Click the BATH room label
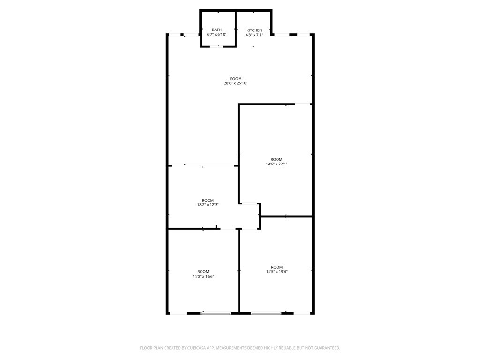217,30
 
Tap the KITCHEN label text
254,30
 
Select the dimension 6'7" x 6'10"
217,35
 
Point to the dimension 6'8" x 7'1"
254,35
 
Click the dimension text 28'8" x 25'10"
235,83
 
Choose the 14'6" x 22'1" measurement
277,164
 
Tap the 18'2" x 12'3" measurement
208,205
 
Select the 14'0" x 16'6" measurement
203,277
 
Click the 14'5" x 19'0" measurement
277,272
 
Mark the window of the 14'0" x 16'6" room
216,313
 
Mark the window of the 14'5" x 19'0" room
266,313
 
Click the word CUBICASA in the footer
193,348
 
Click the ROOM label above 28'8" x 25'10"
235,79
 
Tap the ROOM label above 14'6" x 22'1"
277,159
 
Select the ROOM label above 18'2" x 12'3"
208,200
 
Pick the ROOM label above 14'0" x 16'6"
203,272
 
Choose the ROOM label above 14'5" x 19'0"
277,267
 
